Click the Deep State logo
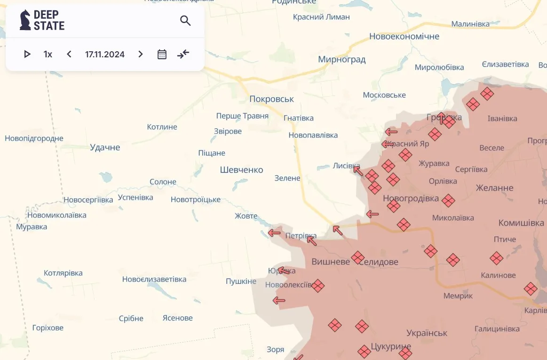click(x=42, y=20)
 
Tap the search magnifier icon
click(x=185, y=21)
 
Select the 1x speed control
click(x=48, y=54)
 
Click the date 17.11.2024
click(x=105, y=54)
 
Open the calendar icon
click(x=162, y=54)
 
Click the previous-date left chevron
click(x=69, y=54)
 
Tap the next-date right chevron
click(x=140, y=54)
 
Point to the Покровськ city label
click(x=271, y=99)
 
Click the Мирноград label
click(x=341, y=60)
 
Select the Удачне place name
click(x=105, y=148)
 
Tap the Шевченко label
click(x=241, y=170)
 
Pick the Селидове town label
click(x=379, y=262)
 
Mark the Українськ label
click(x=427, y=333)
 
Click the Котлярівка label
click(x=63, y=273)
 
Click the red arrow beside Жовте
click(x=274, y=233)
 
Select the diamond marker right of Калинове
click(x=531, y=289)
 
